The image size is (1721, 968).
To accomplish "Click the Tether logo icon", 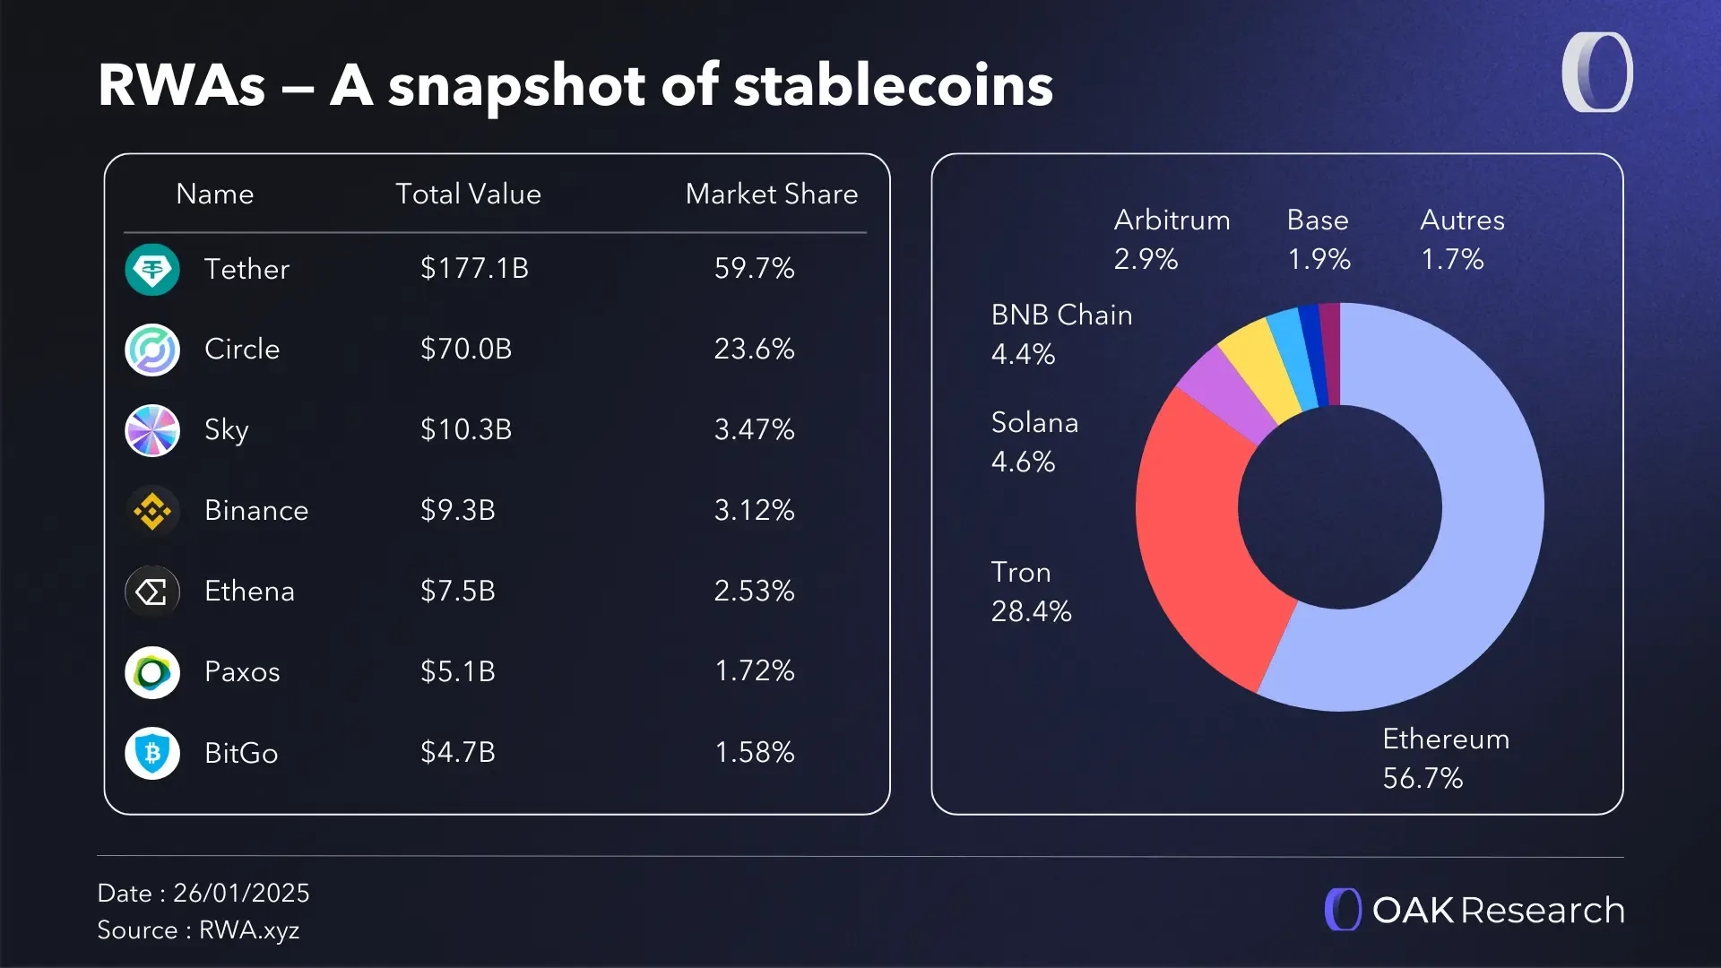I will pyautogui.click(x=152, y=269).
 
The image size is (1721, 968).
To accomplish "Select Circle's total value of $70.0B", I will pyautogui.click(x=466, y=349).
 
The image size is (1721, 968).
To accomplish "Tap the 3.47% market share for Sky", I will pyautogui.click(x=754, y=429).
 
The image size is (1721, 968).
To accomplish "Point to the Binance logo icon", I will pyautogui.click(x=152, y=511).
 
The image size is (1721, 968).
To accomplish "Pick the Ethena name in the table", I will pyautogui.click(x=249, y=592).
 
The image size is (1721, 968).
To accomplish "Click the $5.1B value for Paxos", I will pyautogui.click(x=458, y=671).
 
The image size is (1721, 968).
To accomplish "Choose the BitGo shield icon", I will pyautogui.click(x=152, y=753).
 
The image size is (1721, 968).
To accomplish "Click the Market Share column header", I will pyautogui.click(x=771, y=194).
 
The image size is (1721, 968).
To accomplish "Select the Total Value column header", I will pyautogui.click(x=468, y=194).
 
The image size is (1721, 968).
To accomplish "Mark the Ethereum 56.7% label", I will pyautogui.click(x=1445, y=758).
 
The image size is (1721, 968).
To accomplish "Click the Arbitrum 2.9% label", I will pyautogui.click(x=1172, y=239).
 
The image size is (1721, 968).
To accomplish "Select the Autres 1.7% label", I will pyautogui.click(x=1462, y=239).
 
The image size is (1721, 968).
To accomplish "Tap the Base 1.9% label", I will pyautogui.click(x=1318, y=239).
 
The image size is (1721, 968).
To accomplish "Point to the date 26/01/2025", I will pyautogui.click(x=241, y=893).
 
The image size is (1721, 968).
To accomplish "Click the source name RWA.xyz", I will pyautogui.click(x=249, y=930).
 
